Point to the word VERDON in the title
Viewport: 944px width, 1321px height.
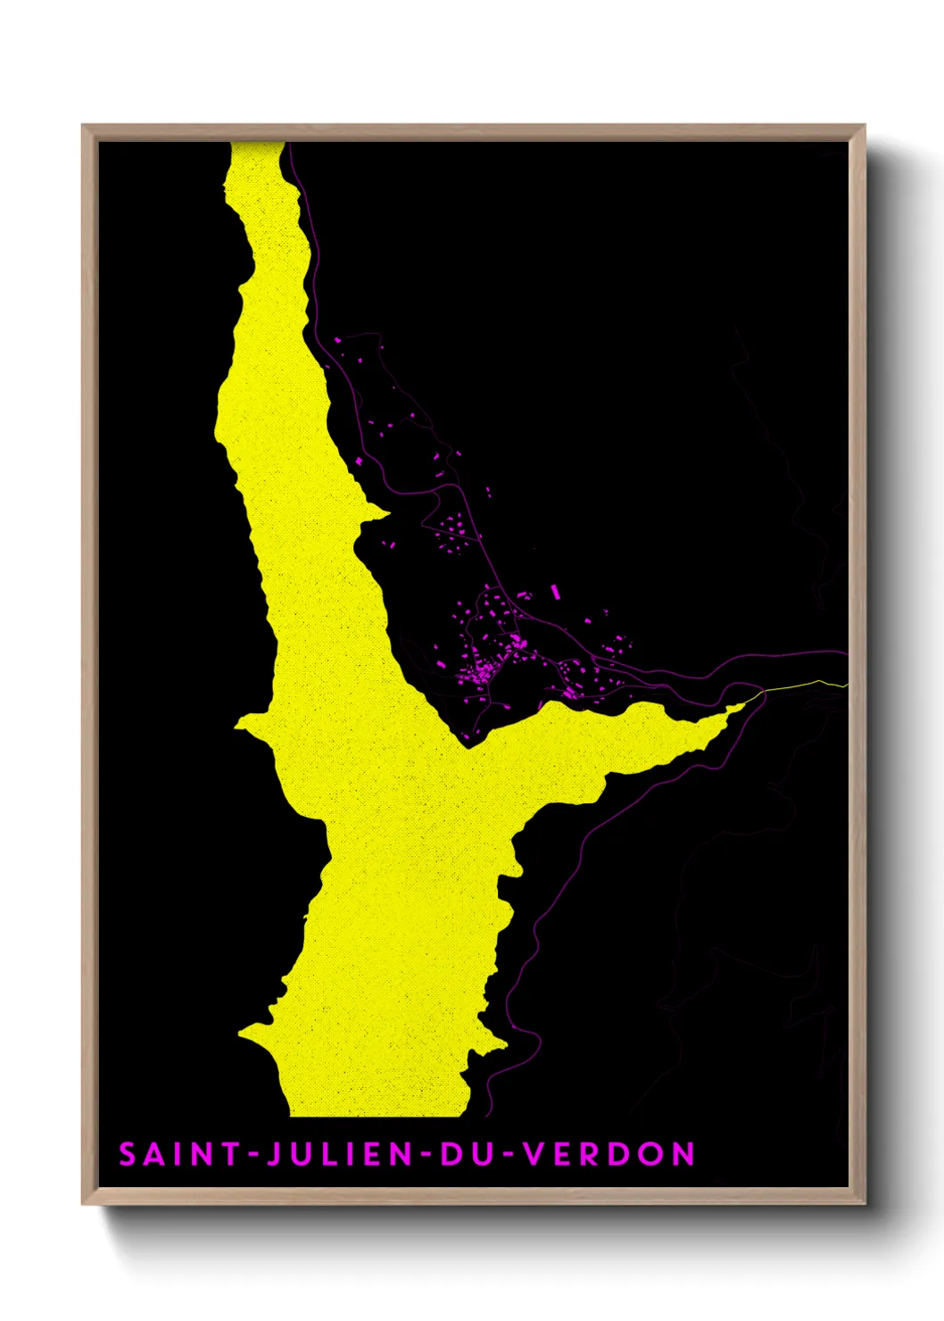(609, 1154)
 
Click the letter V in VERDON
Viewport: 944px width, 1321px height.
(533, 1154)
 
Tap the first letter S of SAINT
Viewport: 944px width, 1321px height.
(128, 1154)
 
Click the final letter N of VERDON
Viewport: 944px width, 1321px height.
(683, 1154)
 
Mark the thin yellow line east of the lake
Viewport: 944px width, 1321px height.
(803, 685)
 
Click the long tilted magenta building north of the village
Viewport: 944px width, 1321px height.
(555, 591)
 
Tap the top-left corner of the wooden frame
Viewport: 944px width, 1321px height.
(83, 126)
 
